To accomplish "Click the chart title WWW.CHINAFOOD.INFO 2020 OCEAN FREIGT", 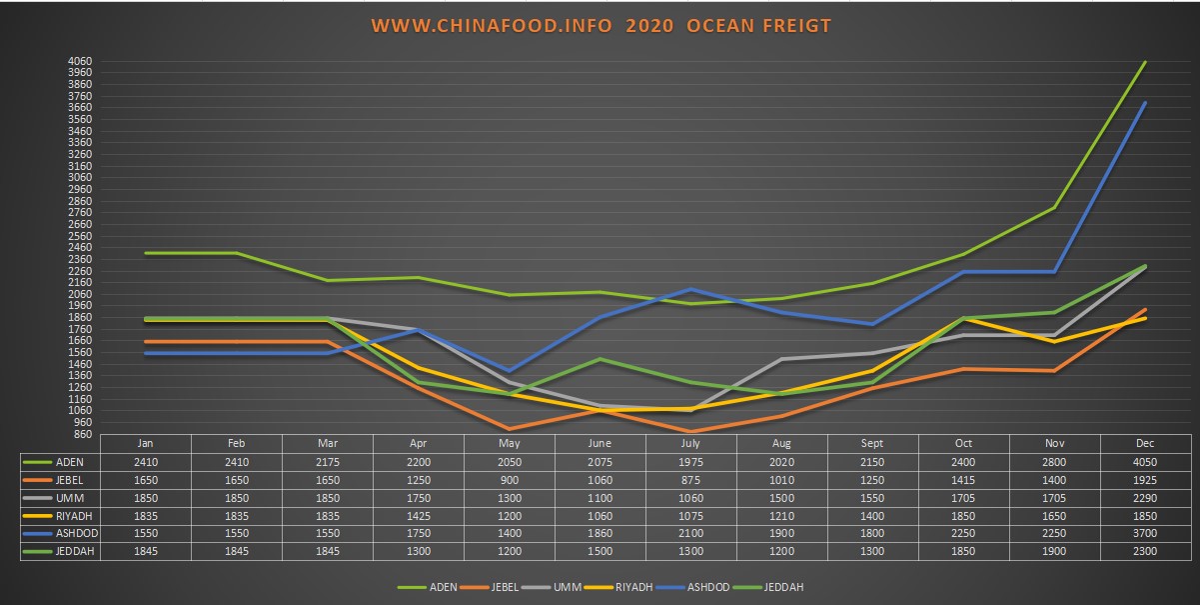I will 600,26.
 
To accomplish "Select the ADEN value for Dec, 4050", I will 1145,462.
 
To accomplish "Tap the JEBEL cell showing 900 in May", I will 510,480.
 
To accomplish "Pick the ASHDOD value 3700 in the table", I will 1145,533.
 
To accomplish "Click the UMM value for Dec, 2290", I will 1145,498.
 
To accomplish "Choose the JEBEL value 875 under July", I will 690,480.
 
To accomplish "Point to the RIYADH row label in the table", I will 75,516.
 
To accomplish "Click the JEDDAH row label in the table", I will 75,551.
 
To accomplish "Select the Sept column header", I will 872,444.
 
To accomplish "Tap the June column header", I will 600,444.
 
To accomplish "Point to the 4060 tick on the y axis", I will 81,61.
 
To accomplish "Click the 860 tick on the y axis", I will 84,434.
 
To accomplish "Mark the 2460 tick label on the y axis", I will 81,247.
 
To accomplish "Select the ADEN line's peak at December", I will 1145,62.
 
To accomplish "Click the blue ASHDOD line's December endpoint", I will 1145,103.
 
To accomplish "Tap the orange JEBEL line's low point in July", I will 690,432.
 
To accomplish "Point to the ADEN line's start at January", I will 146,253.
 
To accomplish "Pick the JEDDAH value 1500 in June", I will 600,551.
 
